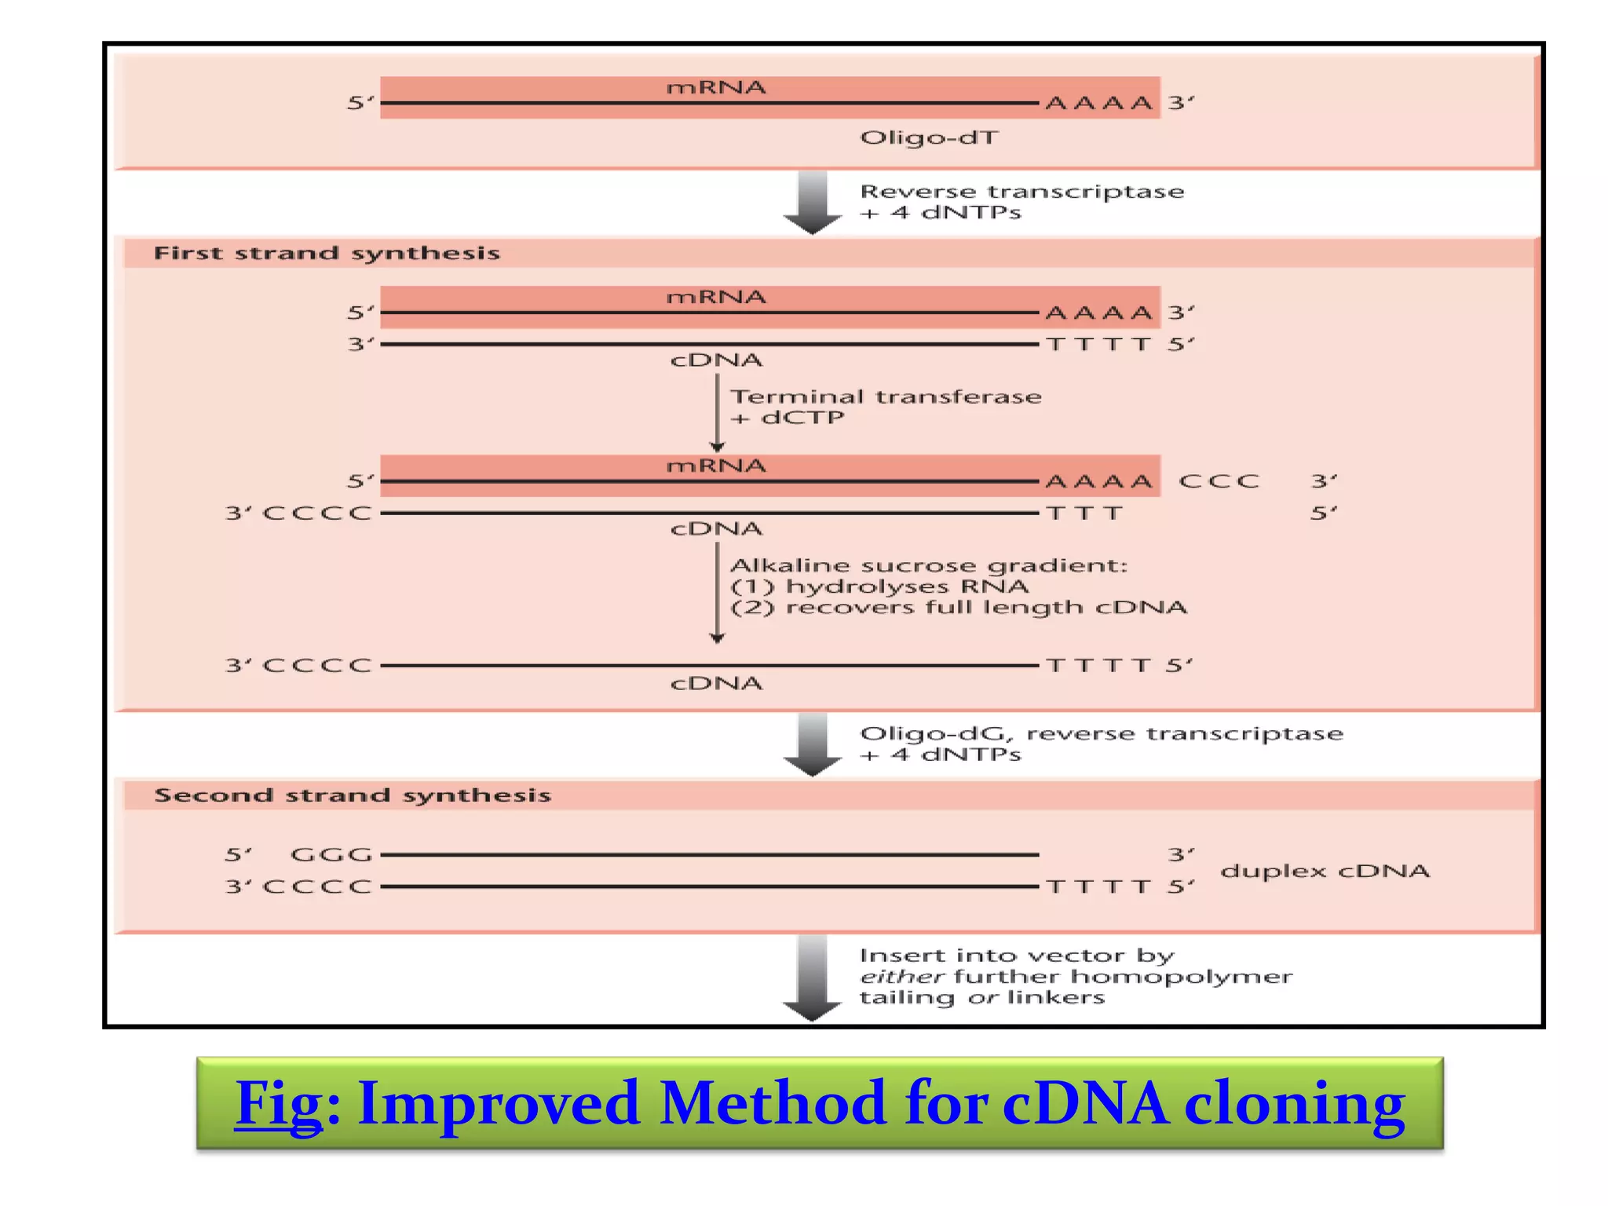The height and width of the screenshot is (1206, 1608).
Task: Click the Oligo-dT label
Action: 929,138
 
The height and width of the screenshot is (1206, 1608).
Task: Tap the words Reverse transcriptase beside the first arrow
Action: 1021,192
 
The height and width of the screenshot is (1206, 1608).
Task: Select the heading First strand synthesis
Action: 327,253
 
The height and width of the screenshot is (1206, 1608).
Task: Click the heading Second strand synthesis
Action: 353,795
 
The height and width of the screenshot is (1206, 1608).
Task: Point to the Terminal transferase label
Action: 886,397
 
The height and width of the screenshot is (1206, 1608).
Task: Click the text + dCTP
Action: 788,418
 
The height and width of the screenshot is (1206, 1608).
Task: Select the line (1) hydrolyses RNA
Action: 879,587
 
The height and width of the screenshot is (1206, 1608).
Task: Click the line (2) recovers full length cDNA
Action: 958,608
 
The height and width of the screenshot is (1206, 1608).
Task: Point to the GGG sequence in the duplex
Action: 331,854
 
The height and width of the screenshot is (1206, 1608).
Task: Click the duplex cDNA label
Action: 1325,871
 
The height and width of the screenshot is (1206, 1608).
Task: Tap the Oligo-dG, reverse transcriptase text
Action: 1101,733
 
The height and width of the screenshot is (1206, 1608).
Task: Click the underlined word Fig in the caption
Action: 279,1103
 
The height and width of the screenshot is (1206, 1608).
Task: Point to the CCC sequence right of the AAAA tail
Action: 1219,481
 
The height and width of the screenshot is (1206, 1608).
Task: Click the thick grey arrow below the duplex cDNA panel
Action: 813,978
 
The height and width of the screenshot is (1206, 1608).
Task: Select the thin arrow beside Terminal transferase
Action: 717,412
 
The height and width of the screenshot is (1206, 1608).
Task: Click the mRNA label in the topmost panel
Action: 715,87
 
